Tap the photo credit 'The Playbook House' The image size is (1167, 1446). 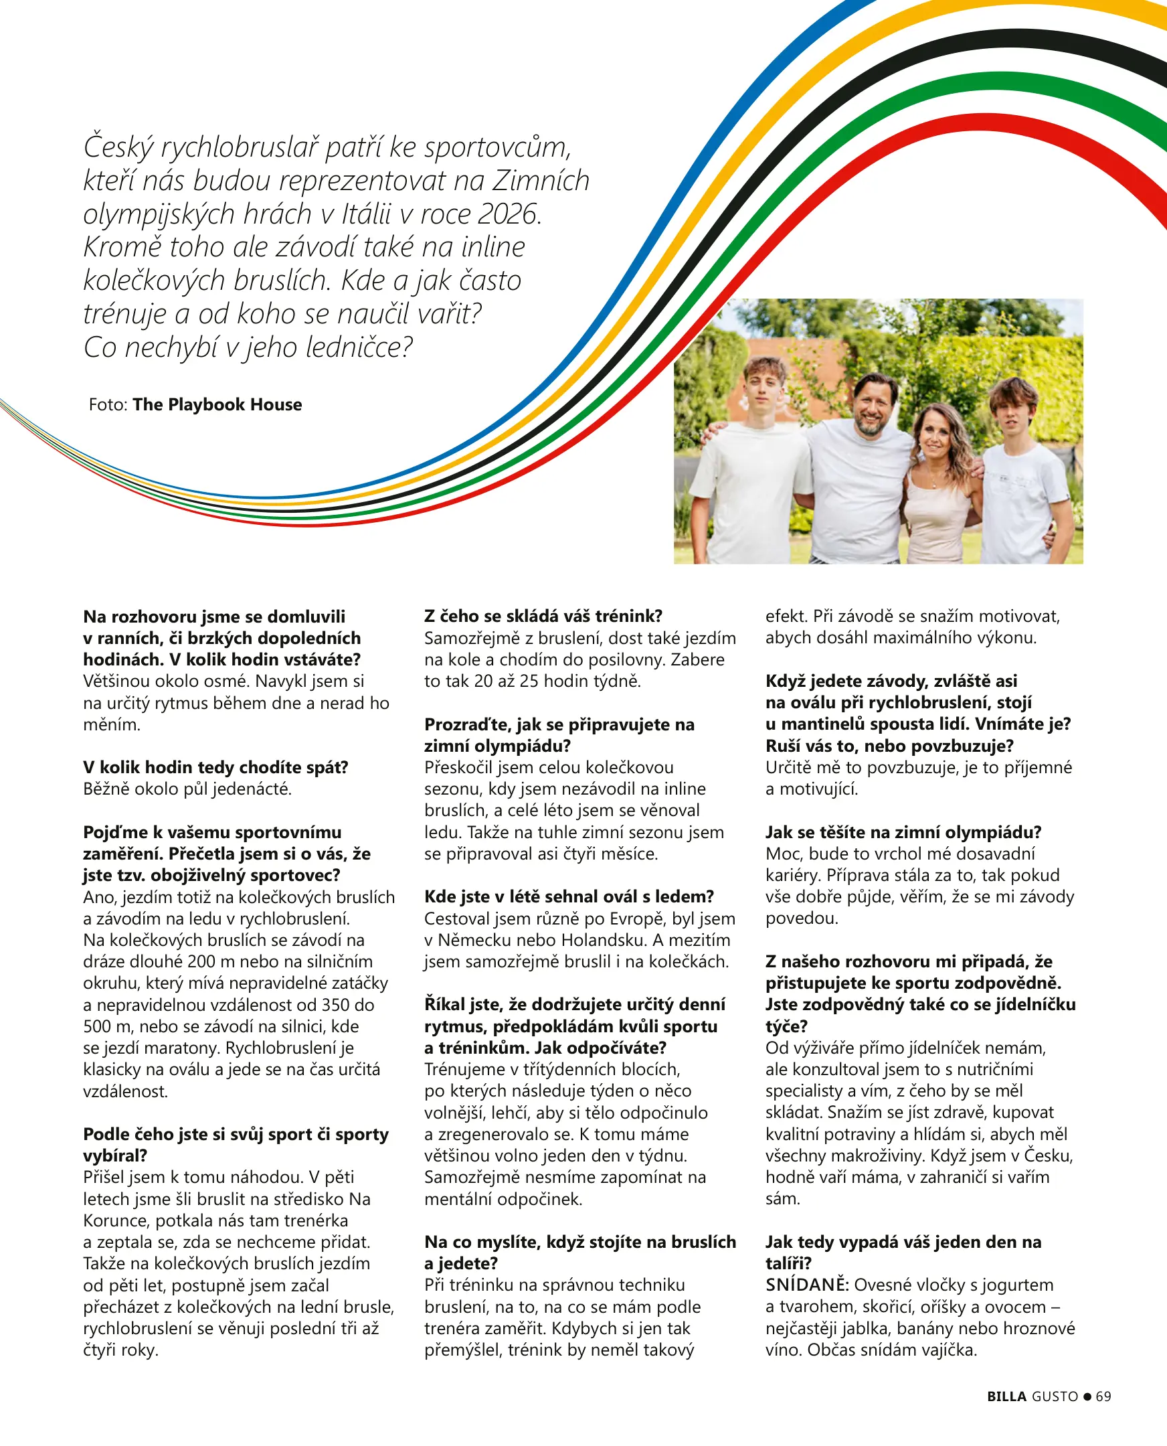[217, 404]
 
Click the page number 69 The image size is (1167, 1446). [1103, 1396]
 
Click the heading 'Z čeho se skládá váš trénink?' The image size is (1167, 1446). [543, 616]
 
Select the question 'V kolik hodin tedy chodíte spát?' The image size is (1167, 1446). [215, 767]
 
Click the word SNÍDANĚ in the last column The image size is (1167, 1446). [807, 1285]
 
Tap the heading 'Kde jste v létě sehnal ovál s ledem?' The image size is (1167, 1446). [569, 896]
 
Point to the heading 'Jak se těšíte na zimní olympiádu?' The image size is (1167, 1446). [903, 832]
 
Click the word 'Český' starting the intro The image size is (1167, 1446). [118, 148]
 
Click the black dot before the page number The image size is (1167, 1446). [1087, 1397]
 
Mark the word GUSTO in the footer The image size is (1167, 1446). [1055, 1396]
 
